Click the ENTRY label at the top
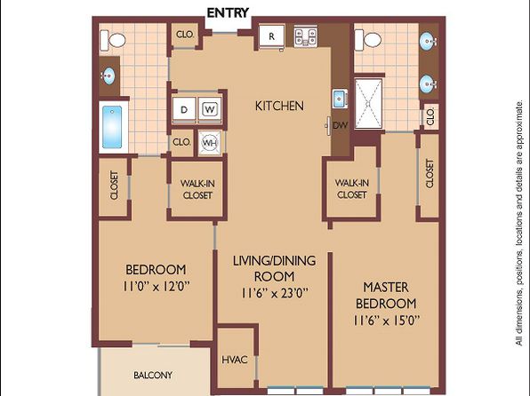228,12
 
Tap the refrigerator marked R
271,36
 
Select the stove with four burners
306,36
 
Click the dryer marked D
184,109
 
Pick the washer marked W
210,109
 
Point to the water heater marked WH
210,142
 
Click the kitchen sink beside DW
339,99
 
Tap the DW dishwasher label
340,125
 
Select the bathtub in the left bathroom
113,127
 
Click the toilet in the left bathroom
113,40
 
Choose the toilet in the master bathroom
368,40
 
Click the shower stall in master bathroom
368,103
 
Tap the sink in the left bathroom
108,76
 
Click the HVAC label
235,360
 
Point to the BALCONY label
153,375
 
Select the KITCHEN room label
279,106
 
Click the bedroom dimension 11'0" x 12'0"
156,287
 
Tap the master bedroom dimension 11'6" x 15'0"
386,320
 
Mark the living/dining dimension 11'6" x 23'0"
275,293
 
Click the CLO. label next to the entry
185,34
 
